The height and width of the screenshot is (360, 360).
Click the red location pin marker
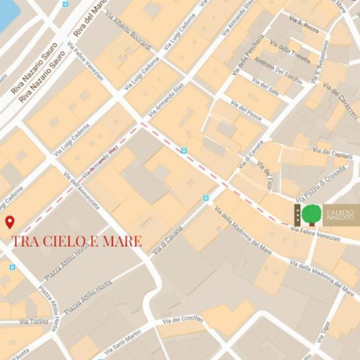9,222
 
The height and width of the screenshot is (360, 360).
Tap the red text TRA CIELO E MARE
76,241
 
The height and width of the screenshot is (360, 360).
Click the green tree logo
312,214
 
